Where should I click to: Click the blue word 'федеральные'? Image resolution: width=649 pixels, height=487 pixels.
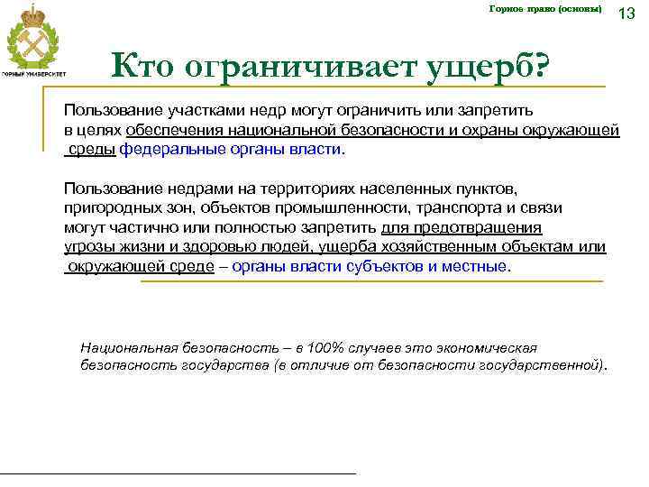point(167,150)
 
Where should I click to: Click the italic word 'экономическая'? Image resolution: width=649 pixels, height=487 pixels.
point(487,347)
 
